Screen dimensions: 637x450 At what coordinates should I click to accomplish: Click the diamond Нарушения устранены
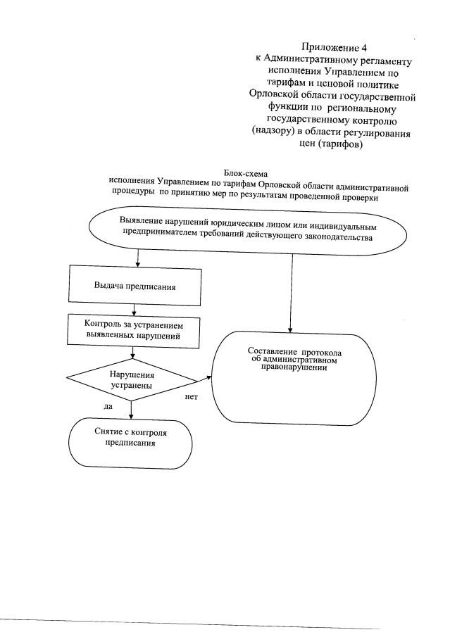tap(132, 381)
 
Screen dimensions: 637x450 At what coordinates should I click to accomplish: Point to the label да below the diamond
tap(108, 406)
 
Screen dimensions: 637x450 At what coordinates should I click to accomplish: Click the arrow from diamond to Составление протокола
tap(205, 381)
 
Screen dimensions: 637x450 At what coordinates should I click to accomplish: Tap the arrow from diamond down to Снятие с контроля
tap(129, 408)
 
